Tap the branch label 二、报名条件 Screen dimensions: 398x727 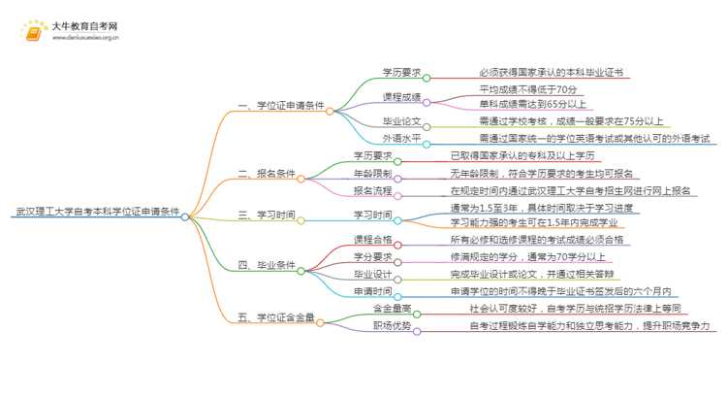click(267, 175)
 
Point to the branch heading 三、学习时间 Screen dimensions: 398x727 click(267, 215)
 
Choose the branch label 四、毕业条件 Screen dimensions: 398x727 click(267, 264)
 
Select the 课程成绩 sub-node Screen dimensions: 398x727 click(401, 97)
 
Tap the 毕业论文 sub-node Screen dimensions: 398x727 click(401, 122)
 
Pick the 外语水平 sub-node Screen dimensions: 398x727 click(401, 139)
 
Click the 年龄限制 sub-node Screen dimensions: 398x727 click(372, 173)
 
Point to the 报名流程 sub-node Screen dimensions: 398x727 click(372, 190)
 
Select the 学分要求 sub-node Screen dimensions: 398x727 click(372, 256)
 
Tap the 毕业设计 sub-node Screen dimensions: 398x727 click(372, 274)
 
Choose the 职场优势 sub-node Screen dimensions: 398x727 click(393, 327)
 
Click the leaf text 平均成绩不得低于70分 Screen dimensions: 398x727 click(527, 89)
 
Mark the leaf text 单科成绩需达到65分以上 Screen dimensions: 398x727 click(533, 105)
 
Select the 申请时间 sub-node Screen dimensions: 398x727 click(372, 290)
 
